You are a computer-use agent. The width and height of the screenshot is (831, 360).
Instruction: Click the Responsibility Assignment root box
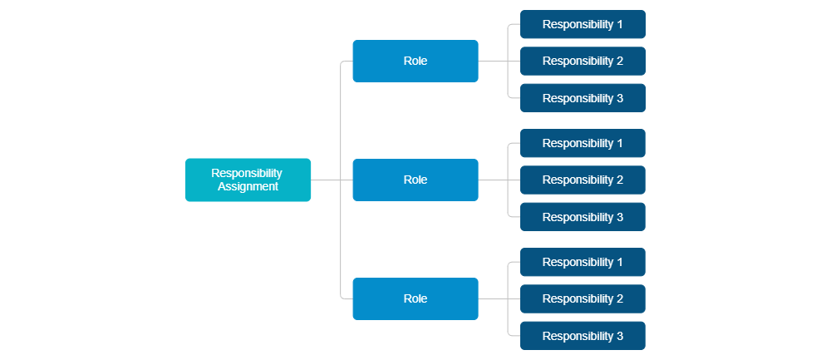coord(248,180)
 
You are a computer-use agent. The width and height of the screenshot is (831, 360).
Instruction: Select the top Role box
coord(415,61)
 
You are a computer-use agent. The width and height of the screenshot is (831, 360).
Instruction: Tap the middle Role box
coord(415,180)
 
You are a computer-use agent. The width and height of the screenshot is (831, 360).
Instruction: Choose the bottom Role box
coord(415,298)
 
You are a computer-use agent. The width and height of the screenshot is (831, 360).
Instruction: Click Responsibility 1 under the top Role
coord(583,24)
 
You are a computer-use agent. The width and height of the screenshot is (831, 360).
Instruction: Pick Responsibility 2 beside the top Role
coord(583,61)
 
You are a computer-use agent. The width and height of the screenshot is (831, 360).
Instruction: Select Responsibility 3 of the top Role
coord(583,98)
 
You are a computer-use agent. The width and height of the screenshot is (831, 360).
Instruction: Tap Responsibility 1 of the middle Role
coord(583,143)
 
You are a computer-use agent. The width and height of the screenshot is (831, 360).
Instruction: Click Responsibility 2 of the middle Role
coord(583,180)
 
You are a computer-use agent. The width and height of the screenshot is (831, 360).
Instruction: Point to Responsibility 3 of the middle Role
coord(583,217)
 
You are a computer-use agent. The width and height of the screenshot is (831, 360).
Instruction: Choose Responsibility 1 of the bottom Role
coord(583,262)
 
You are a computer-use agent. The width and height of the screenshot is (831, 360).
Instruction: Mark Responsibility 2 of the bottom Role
coord(583,298)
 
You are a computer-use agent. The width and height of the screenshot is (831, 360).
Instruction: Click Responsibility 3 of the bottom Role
coord(583,336)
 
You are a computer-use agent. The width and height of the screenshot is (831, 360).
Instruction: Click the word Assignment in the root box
coord(248,187)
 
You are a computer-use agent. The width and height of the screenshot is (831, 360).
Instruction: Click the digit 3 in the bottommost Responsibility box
coord(619,336)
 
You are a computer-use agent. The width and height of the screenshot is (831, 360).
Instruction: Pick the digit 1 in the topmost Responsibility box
coord(619,24)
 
